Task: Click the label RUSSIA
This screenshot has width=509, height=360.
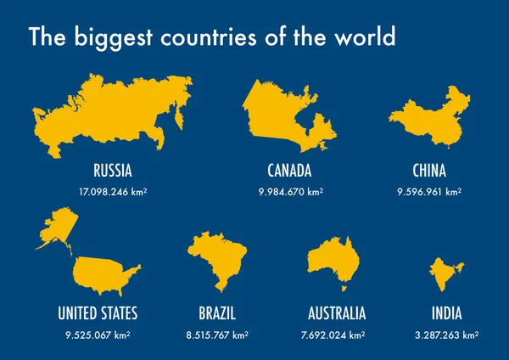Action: [x=113, y=169]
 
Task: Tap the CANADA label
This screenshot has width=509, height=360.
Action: [x=289, y=169]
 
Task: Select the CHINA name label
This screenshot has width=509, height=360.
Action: [x=429, y=169]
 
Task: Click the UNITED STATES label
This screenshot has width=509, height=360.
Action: [x=98, y=313]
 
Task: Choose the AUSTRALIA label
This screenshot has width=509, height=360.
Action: [x=338, y=313]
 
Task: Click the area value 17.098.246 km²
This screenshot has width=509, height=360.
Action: [x=113, y=192]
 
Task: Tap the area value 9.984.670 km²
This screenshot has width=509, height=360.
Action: [x=289, y=192]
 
